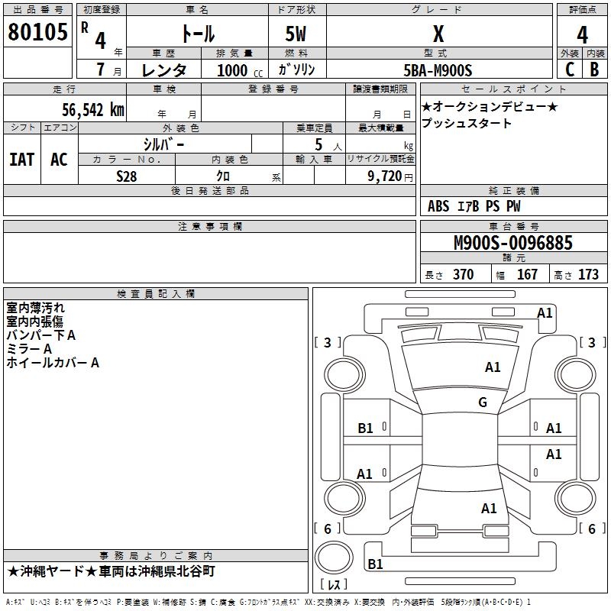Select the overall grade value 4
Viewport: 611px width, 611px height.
[x=582, y=35]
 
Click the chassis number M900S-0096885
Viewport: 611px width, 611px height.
[x=513, y=244]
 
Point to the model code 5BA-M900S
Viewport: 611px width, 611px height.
[x=438, y=70]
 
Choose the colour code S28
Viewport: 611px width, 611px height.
[x=127, y=176]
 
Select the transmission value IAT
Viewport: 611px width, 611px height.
[x=21, y=160]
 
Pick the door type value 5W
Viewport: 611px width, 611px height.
[x=297, y=35]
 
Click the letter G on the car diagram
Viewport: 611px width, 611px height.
[x=483, y=402]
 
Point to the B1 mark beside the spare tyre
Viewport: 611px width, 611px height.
[x=376, y=564]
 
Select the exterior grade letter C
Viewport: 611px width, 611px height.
[x=570, y=69]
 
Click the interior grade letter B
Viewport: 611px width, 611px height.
[x=594, y=69]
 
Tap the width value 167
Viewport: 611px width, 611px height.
[x=527, y=274]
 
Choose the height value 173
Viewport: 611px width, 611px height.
[x=588, y=274]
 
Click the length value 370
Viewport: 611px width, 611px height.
[x=463, y=274]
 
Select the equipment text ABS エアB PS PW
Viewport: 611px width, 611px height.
[x=475, y=206]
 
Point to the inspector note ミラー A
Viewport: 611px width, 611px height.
[x=29, y=349]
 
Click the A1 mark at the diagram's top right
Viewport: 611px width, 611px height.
[x=545, y=312]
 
